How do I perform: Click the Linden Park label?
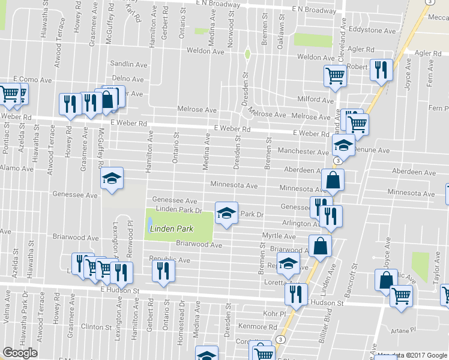pyautogui.click(x=171, y=229)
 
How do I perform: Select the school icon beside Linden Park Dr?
pyautogui.click(x=226, y=213)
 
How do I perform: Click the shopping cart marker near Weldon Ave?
pyautogui.click(x=334, y=76)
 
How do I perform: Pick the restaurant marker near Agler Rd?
pyautogui.click(x=381, y=70)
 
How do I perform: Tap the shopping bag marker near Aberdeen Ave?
pyautogui.click(x=332, y=179)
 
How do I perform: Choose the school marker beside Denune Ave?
pyautogui.click(x=343, y=146)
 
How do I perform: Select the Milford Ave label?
pyautogui.click(x=315, y=99)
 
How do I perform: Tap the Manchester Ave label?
pyautogui.click(x=302, y=152)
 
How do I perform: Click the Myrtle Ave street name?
pyautogui.click(x=279, y=236)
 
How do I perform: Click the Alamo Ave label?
pyautogui.click(x=17, y=169)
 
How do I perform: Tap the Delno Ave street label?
pyautogui.click(x=128, y=79)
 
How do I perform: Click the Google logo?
pyautogui.click(x=20, y=353)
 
